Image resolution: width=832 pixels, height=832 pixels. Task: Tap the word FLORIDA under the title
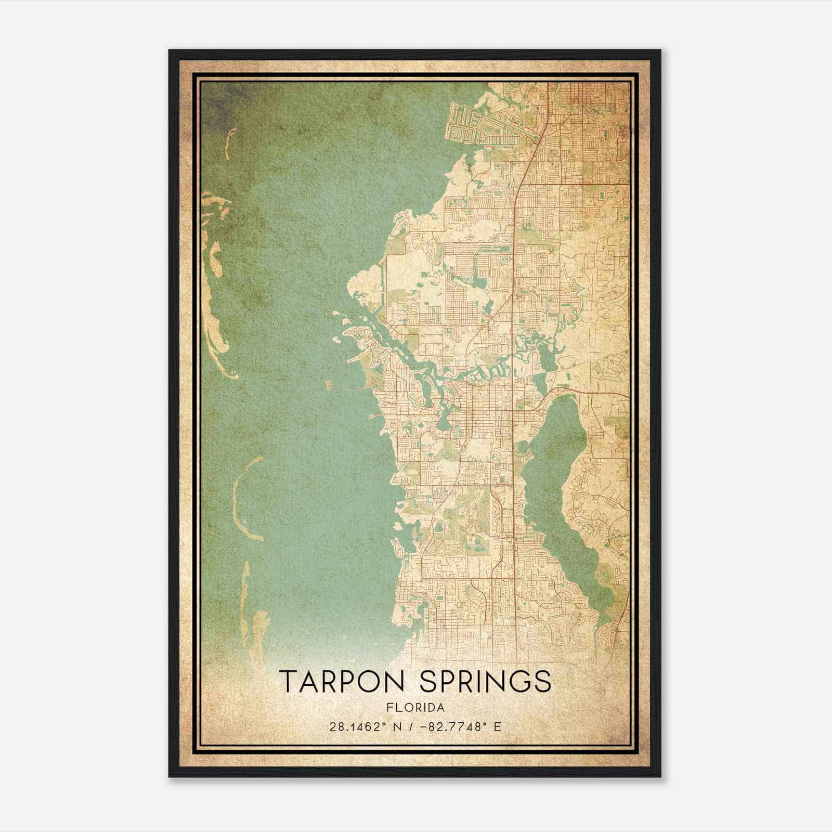pyautogui.click(x=415, y=708)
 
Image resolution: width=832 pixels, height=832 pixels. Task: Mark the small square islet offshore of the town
pyautogui.click(x=329, y=385)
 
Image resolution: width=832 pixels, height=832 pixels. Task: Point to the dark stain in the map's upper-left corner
pyautogui.click(x=218, y=104)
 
